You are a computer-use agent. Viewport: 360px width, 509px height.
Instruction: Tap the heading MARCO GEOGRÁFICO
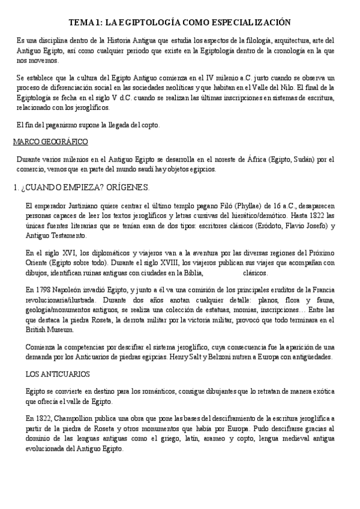pyautogui.click(x=50, y=142)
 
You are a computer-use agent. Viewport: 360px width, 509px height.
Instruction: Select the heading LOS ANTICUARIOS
pyautogui.click(x=58, y=373)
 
